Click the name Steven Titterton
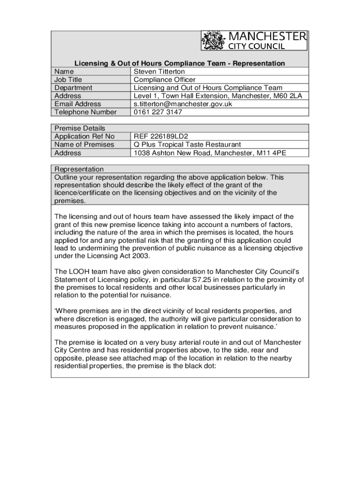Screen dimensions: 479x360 point(159,72)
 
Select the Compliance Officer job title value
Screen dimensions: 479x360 point(165,80)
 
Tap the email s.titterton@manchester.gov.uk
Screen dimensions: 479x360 point(183,104)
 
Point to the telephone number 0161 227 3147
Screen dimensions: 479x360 point(158,112)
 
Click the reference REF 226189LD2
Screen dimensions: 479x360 point(160,137)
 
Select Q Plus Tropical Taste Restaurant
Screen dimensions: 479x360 point(187,145)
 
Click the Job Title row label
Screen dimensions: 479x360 point(68,80)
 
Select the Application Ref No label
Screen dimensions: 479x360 point(84,137)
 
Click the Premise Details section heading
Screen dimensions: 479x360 point(79,128)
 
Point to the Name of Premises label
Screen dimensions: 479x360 point(84,145)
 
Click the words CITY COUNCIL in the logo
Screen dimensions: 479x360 point(256,46)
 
